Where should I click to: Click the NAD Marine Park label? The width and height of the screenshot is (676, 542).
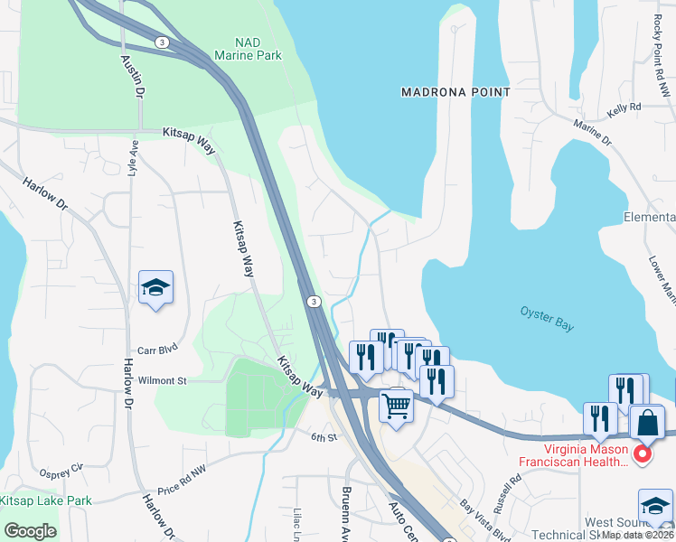(247, 49)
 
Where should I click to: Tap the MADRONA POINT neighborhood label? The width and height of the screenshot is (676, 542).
(456, 92)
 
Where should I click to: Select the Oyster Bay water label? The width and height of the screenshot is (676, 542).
(546, 318)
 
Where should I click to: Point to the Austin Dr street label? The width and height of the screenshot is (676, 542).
(132, 75)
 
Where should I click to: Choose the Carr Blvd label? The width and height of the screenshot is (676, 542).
(155, 347)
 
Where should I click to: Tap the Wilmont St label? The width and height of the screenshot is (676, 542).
(162, 381)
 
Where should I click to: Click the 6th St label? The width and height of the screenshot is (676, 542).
(324, 437)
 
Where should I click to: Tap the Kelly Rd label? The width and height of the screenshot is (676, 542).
(624, 107)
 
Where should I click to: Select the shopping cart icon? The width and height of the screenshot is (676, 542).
(396, 405)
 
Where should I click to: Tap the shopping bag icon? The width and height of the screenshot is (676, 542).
(647, 421)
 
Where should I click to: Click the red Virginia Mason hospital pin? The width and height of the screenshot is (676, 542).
(643, 453)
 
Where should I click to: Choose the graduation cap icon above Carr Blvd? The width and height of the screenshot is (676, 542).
(155, 288)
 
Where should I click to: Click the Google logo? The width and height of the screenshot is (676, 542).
(30, 531)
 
